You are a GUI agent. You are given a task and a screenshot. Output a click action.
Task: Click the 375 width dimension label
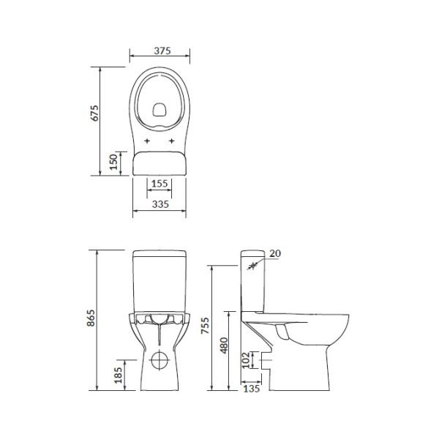point(160,51)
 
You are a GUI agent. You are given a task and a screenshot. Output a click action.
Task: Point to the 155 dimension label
point(160,184)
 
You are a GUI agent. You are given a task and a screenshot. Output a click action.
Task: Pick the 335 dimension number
point(160,204)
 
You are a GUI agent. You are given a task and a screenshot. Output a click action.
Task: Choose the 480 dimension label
point(227,344)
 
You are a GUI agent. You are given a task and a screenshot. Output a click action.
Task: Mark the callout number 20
point(275,253)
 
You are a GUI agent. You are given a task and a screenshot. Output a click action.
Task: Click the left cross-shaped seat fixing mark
point(147,140)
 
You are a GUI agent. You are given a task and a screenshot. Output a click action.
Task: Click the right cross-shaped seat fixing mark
point(172,140)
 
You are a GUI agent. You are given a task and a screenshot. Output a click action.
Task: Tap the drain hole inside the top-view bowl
point(160,111)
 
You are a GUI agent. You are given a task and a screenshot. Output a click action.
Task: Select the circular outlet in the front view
point(160,361)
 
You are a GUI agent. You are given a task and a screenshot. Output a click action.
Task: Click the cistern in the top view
point(160,162)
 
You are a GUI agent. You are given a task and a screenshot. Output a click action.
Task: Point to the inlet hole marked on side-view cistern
point(253,266)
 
